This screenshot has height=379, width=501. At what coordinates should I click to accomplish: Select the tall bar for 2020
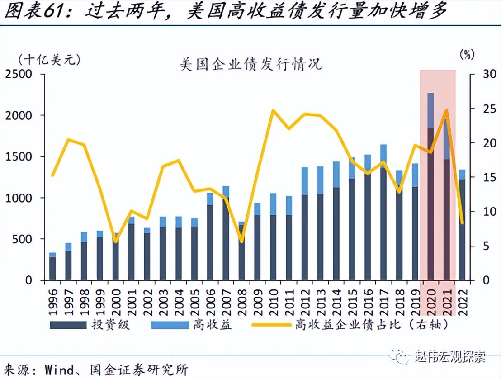(x=430, y=204)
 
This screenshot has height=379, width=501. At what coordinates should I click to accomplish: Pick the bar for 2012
(x=304, y=226)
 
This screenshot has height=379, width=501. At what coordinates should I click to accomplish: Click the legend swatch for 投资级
(x=67, y=325)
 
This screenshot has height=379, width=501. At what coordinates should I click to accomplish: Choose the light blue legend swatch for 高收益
(x=169, y=325)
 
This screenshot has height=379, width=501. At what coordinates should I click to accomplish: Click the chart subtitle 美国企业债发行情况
(x=250, y=65)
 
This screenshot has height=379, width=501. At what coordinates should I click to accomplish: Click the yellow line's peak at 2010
(x=273, y=110)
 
